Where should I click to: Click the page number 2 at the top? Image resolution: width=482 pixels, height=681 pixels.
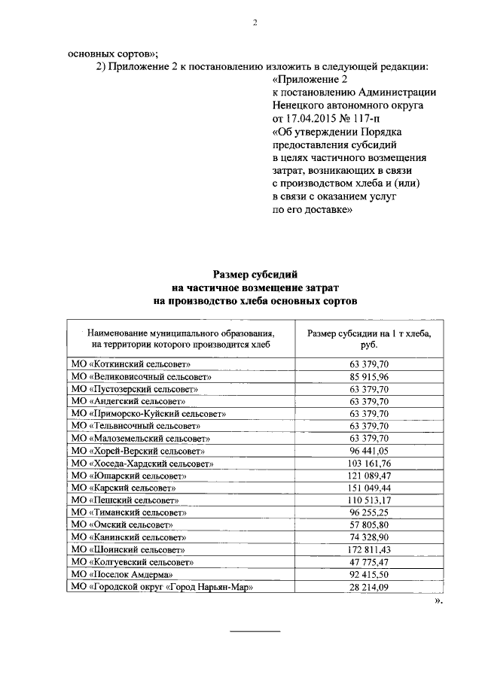255,23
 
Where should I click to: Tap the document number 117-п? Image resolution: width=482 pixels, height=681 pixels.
378,119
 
